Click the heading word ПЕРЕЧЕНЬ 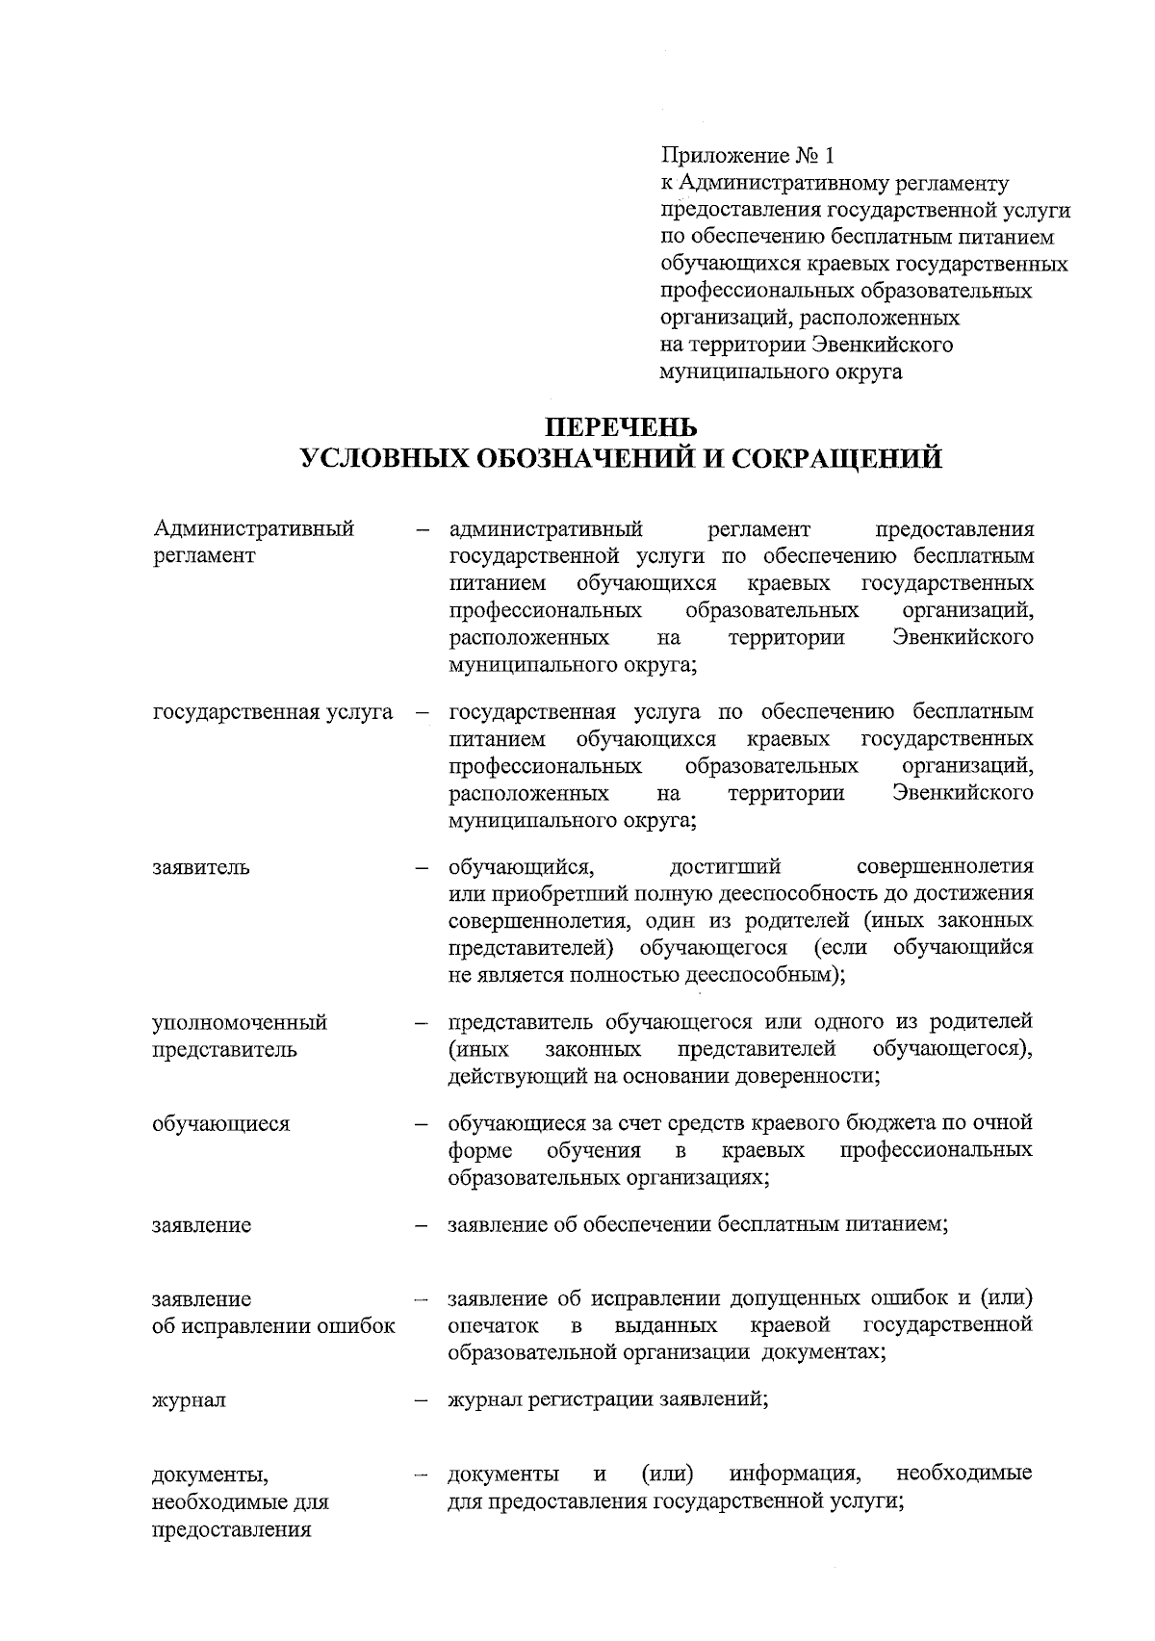pos(620,424)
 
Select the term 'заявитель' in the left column pos(201,866)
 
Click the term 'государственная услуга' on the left pos(273,712)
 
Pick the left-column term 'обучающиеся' pos(220,1123)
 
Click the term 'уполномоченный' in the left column pos(240,1022)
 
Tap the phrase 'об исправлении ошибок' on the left pos(274,1326)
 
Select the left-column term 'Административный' pos(254,529)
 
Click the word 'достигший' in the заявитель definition pos(724,866)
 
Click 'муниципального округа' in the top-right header pos(781,372)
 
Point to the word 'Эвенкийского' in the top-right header pos(883,345)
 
